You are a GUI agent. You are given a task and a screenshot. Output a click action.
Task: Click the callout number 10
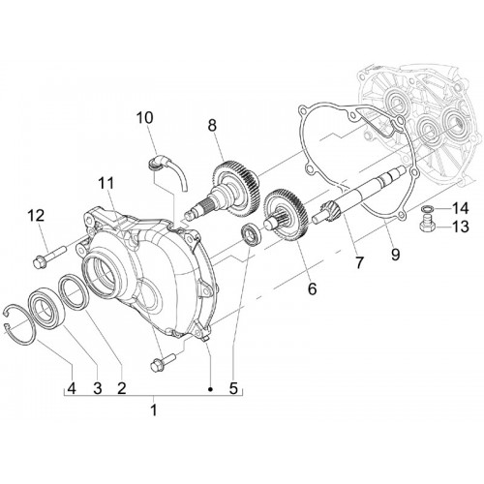click(144, 118)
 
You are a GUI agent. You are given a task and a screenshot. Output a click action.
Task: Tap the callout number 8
click(212, 126)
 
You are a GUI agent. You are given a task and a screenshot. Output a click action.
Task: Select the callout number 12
click(36, 216)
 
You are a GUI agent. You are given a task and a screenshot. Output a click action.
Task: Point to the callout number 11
click(106, 184)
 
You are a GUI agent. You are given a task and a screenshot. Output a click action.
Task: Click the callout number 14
click(460, 209)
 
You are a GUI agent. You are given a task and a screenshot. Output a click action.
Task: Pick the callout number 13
click(460, 227)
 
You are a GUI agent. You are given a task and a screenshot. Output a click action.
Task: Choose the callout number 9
click(395, 255)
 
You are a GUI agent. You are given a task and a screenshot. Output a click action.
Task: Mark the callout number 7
click(359, 263)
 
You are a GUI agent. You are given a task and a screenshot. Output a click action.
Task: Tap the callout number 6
click(312, 288)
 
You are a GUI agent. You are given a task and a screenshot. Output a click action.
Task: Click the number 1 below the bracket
click(154, 410)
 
